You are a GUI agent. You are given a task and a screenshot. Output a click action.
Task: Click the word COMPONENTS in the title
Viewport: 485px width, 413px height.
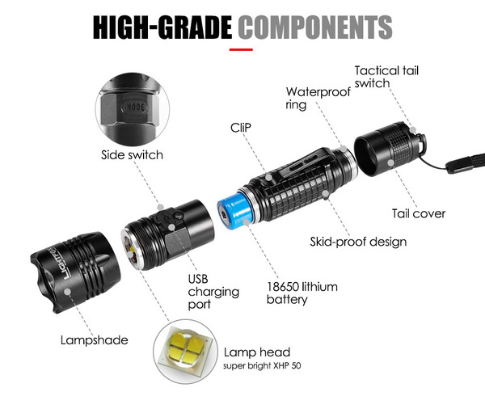tap(315, 27)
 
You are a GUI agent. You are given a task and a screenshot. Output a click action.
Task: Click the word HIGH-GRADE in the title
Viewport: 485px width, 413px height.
tap(162, 27)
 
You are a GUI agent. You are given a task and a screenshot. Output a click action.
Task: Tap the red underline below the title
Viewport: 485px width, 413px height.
tap(241, 49)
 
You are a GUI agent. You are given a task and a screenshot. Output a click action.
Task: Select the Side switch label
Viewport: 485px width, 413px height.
tap(132, 154)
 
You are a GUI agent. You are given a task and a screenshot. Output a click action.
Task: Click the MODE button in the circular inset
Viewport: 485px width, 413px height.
tap(135, 107)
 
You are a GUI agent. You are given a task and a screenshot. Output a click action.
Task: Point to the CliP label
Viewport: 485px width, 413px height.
tap(241, 128)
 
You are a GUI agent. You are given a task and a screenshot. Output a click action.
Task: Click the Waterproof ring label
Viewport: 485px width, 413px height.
tap(318, 98)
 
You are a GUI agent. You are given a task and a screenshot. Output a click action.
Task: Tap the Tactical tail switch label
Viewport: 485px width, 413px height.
tap(386, 77)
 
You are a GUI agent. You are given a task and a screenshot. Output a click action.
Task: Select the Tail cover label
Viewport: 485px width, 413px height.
tap(419, 213)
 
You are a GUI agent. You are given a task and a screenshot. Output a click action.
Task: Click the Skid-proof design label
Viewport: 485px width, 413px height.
tap(358, 242)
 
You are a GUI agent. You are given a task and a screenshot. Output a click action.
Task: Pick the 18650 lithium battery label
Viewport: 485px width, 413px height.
tap(302, 293)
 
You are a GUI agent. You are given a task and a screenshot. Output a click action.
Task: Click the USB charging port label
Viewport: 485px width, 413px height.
tap(213, 292)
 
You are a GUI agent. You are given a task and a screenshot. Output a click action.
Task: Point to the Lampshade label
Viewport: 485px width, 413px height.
tap(95, 340)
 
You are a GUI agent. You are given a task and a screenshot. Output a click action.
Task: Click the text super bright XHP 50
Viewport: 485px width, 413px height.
tap(262, 365)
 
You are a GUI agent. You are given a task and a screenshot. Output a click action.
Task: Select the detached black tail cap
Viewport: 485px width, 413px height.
tap(390, 149)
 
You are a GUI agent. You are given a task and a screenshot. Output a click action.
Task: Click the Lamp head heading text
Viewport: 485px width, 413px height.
tap(257, 352)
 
